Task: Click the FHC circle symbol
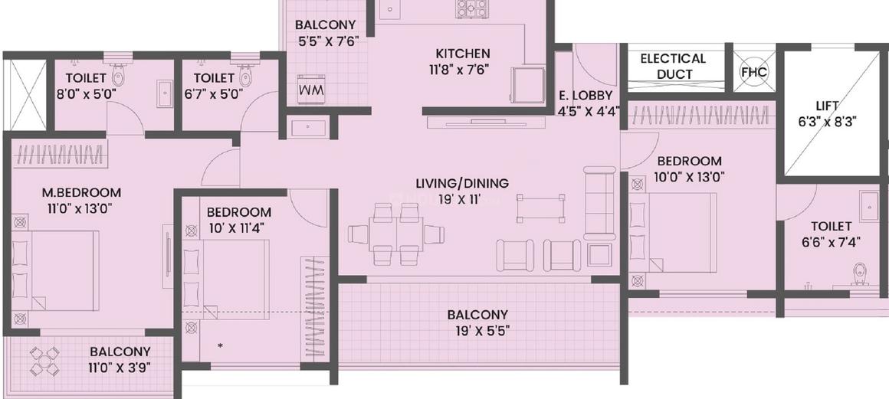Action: [x=754, y=72]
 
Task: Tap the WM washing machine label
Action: [x=310, y=90]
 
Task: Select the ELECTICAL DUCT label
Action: [x=673, y=66]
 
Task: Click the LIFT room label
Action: [x=827, y=106]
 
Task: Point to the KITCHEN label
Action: [x=463, y=54]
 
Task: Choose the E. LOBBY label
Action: [x=585, y=95]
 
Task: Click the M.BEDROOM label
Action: [x=82, y=192]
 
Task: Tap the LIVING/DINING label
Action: [x=462, y=184]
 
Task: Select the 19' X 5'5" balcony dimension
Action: [x=477, y=330]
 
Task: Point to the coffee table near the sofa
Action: [x=541, y=207]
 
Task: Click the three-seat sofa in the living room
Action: [x=599, y=202]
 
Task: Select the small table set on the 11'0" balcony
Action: [x=44, y=361]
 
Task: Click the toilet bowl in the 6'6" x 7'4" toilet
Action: [x=861, y=275]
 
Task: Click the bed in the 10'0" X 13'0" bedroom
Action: [x=673, y=232]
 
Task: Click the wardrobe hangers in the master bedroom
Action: [x=60, y=154]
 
